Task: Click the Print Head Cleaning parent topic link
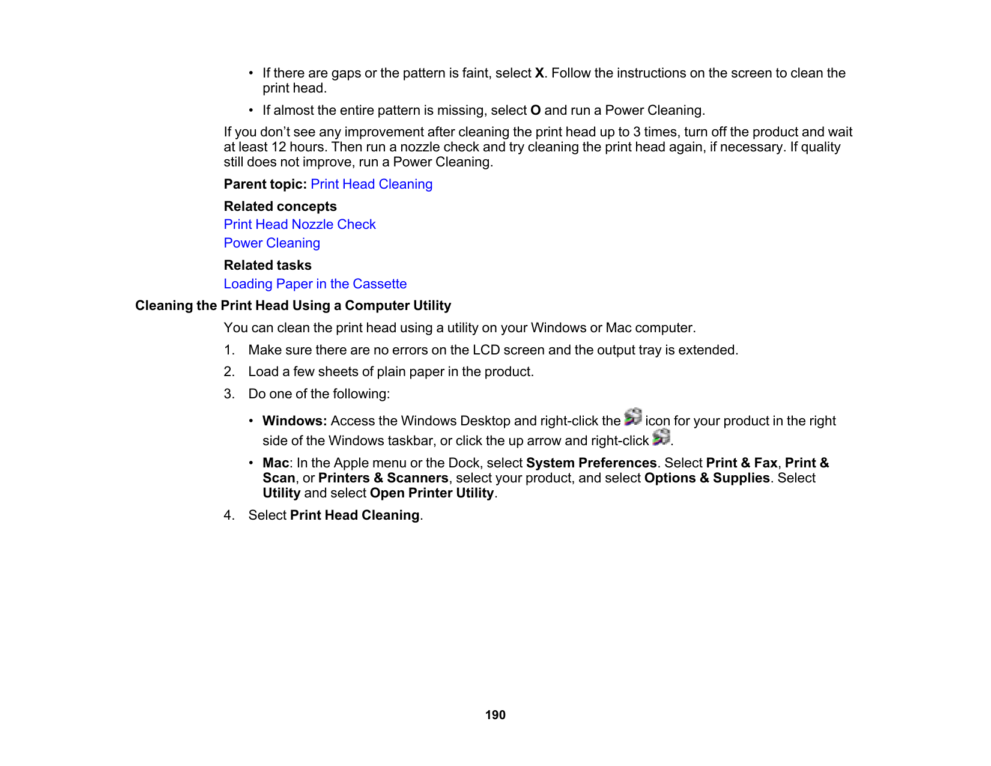[x=371, y=184]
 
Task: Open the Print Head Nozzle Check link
[x=300, y=225]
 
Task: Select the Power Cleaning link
[x=271, y=243]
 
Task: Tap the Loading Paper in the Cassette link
[x=315, y=284]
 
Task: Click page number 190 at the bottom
[x=495, y=715]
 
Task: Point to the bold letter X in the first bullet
[x=539, y=73]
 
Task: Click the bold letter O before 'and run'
[x=536, y=111]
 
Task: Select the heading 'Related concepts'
[x=280, y=207]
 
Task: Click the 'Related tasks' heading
[x=267, y=266]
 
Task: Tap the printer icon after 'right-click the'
[x=633, y=417]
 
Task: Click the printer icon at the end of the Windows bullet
[x=661, y=437]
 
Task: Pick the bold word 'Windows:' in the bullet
[x=294, y=421]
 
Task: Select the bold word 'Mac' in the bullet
[x=276, y=463]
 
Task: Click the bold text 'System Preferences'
[x=591, y=463]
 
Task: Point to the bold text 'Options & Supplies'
[x=706, y=478]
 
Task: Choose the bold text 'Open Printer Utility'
[x=432, y=493]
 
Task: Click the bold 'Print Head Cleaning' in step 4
[x=354, y=515]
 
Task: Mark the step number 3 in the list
[x=229, y=394]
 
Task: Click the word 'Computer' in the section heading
[x=374, y=306]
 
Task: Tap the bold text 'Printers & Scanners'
[x=383, y=478]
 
